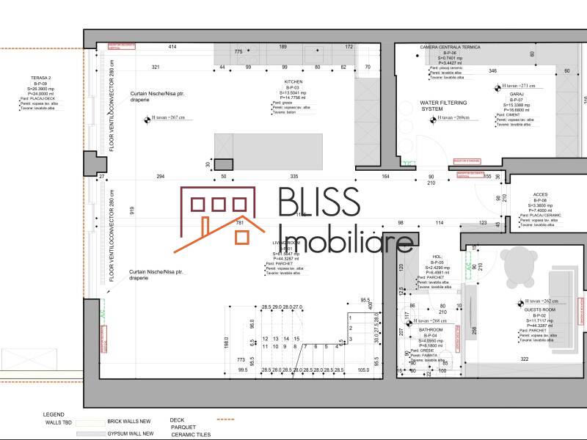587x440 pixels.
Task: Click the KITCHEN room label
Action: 293,82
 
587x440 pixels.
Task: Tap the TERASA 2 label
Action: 40,77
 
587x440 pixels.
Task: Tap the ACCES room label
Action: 540,195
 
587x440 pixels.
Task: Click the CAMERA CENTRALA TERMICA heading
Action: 450,47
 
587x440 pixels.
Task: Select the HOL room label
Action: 437,257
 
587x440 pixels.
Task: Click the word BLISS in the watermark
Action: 318,202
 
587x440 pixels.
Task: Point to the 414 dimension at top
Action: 172,47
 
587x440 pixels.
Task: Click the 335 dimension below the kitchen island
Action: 293,177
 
